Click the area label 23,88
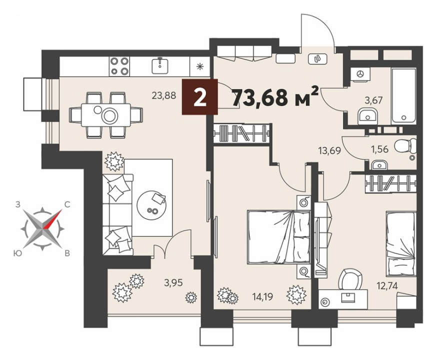[x=164, y=96]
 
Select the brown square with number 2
[x=200, y=96]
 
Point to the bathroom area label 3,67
[x=373, y=100]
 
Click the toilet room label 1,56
[x=380, y=149]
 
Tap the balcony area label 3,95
[x=173, y=283]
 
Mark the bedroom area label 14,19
[x=262, y=296]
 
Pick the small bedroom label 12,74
[x=386, y=285]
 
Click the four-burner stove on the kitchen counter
[x=119, y=66]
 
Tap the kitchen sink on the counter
[x=160, y=66]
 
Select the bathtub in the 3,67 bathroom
[x=404, y=96]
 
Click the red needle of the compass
[x=52, y=219]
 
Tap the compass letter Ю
[x=17, y=253]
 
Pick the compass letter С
[x=67, y=204]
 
